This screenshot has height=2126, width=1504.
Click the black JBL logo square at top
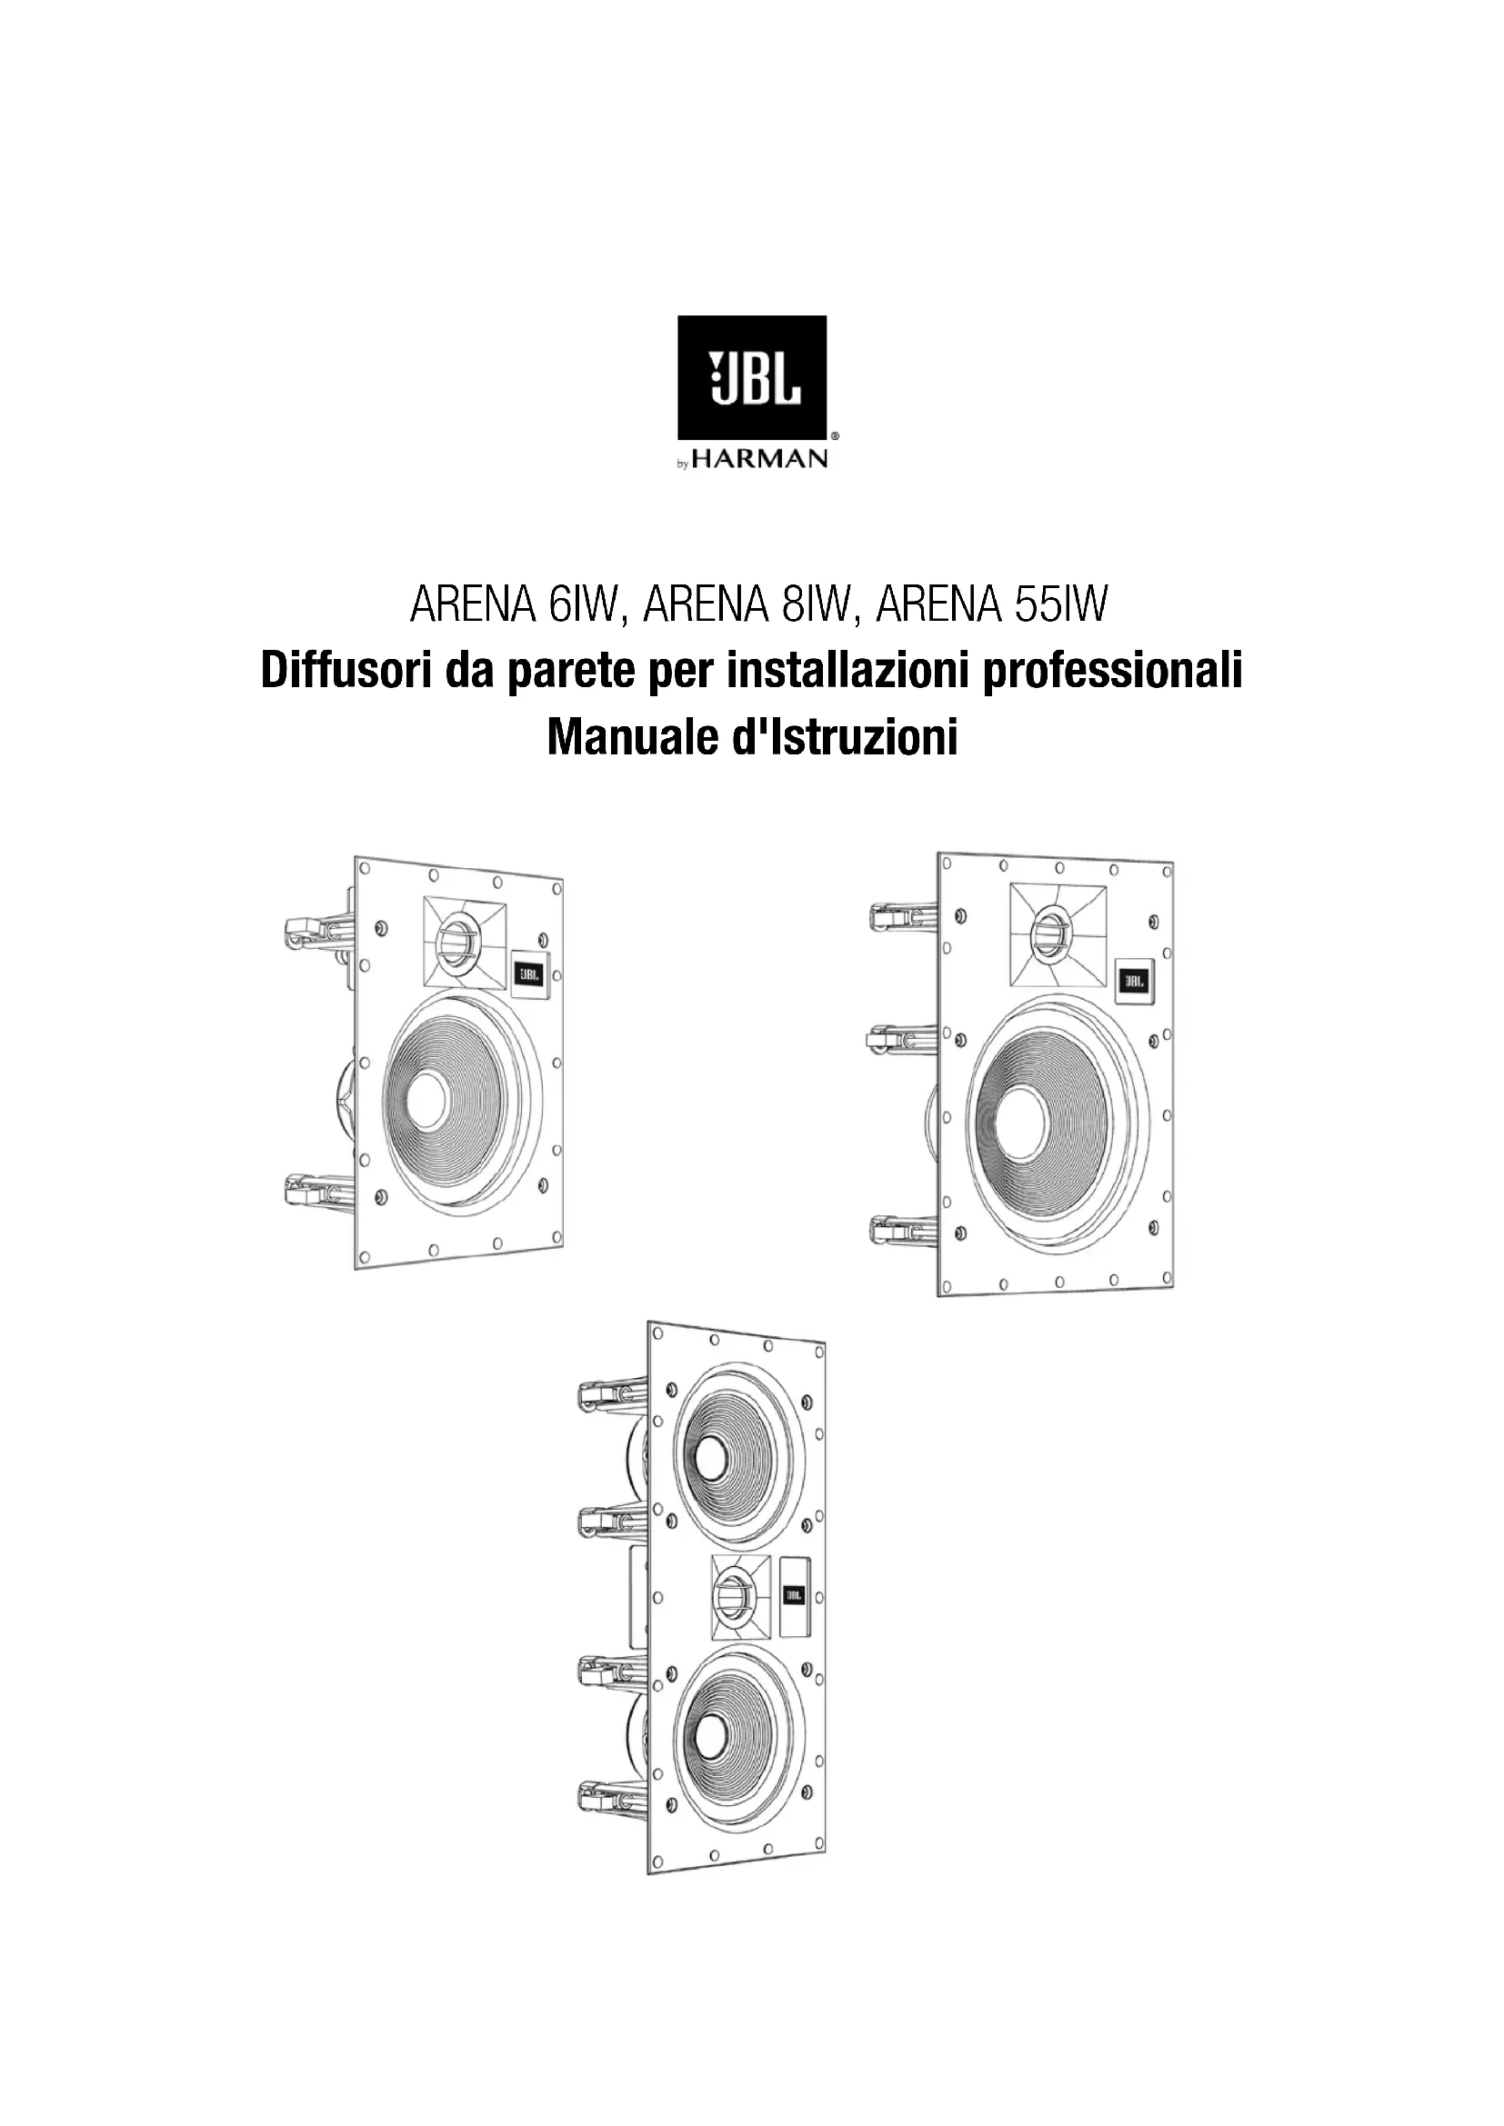click(752, 377)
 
